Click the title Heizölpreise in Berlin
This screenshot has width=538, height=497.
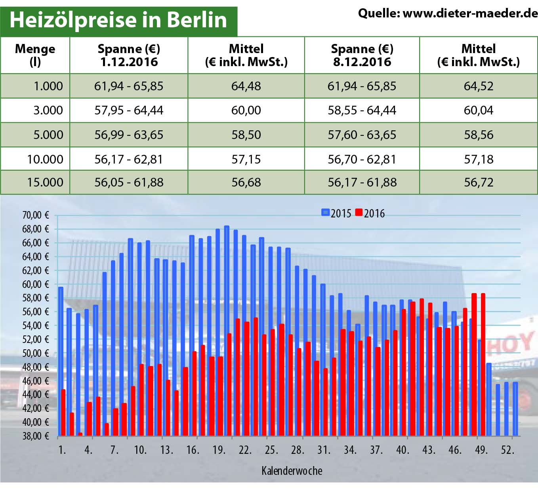point(118,20)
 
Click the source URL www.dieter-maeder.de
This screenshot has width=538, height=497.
point(470,13)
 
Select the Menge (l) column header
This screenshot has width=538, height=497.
point(35,55)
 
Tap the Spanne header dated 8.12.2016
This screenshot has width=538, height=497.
point(362,55)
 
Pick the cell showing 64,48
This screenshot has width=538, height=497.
point(246,86)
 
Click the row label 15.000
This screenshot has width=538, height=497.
point(45,182)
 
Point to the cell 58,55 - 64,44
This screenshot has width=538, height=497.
point(362,110)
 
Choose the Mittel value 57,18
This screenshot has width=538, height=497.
point(479,159)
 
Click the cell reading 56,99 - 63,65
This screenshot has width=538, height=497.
point(129,135)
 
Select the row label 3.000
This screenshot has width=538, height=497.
point(48,110)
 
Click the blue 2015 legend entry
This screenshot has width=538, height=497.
point(336,213)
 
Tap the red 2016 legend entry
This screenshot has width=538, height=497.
point(370,213)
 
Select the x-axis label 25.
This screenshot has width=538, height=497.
point(271,450)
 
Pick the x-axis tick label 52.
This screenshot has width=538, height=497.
point(507,450)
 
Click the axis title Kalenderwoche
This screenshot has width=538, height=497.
point(292,471)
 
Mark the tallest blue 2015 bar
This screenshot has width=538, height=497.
point(227,329)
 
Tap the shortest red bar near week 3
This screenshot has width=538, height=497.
point(80,434)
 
